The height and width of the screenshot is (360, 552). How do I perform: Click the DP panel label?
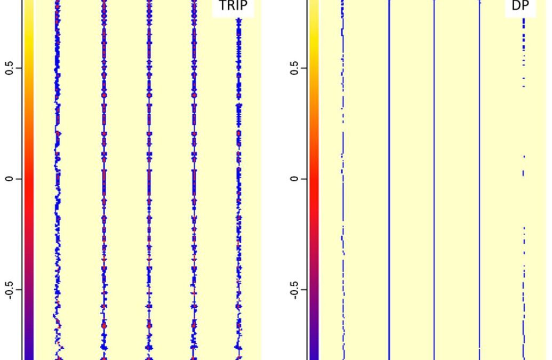[520, 7]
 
